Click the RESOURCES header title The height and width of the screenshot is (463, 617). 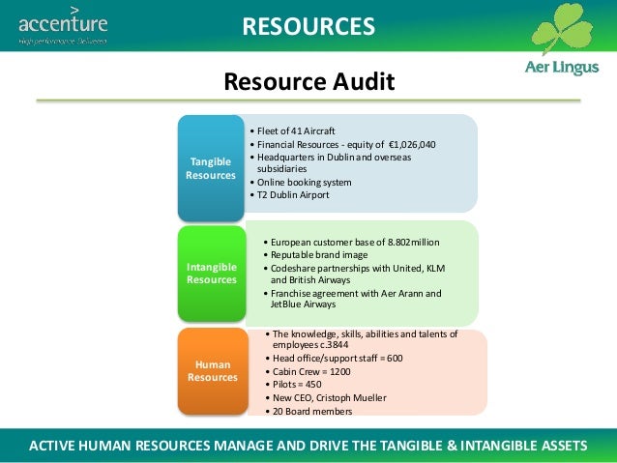coord(308,26)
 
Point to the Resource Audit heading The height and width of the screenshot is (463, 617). coord(308,82)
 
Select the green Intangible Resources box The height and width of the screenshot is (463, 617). coord(210,273)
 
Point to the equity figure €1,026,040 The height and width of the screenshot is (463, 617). coord(407,144)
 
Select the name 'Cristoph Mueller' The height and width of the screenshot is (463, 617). coord(353,397)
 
